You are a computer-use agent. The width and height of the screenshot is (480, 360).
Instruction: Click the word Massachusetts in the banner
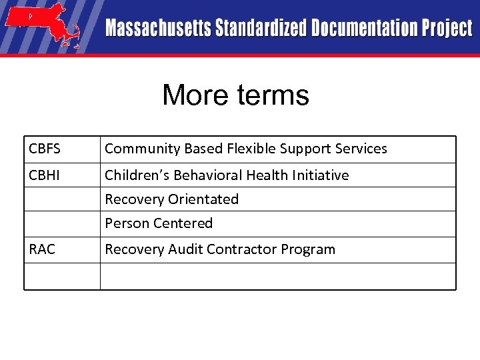(x=157, y=29)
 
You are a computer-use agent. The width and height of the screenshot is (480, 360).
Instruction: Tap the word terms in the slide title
(x=270, y=95)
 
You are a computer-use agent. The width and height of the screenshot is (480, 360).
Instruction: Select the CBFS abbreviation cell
(x=45, y=149)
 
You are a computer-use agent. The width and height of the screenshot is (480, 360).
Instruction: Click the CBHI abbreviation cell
(x=45, y=175)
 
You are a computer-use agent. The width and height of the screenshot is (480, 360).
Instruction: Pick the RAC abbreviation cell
(x=42, y=249)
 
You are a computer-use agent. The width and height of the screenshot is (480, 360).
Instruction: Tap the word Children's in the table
(x=137, y=175)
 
